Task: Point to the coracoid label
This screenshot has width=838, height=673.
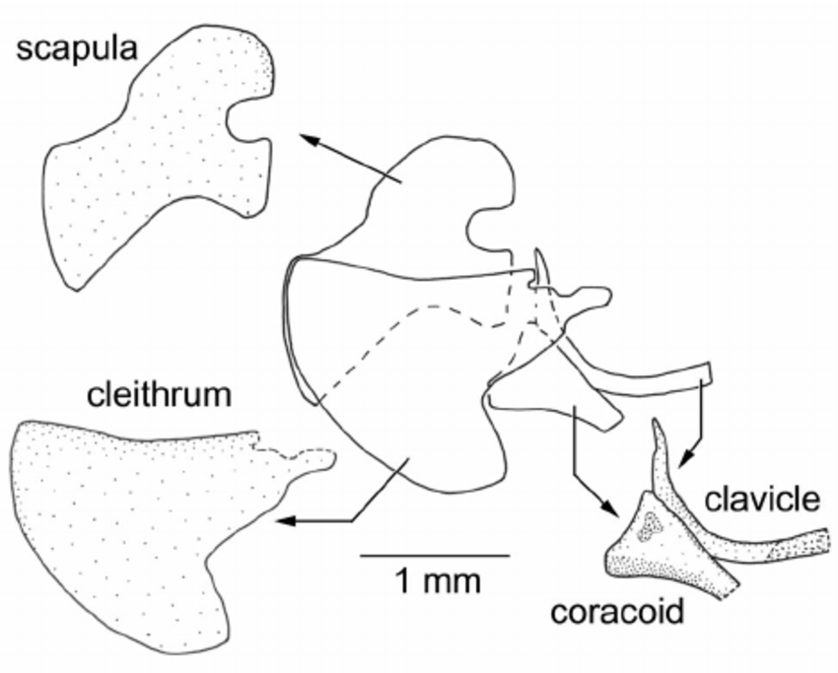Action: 617,612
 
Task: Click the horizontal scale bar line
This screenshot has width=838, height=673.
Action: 434,555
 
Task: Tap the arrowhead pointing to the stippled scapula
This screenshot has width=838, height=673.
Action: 310,141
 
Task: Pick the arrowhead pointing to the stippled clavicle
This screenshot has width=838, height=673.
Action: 681,455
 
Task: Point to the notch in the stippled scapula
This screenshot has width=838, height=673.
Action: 237,123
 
